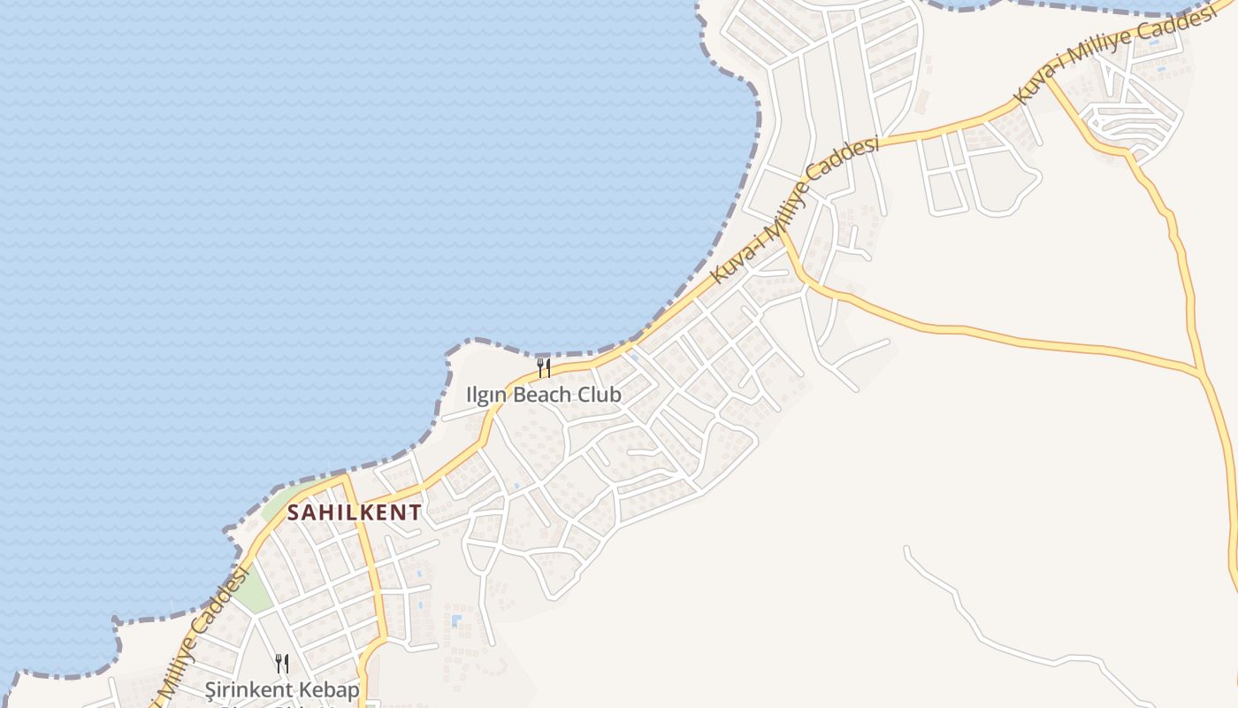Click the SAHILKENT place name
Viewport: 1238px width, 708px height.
point(354,512)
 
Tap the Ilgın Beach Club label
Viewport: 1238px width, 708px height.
point(544,395)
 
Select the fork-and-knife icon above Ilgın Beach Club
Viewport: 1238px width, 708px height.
point(544,367)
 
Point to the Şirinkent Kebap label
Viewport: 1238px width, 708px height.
point(282,689)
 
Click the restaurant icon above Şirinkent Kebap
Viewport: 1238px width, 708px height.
point(282,663)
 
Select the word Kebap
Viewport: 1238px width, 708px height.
point(328,689)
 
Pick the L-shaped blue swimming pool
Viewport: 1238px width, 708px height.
point(456,620)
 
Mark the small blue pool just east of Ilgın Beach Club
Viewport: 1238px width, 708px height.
point(634,358)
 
